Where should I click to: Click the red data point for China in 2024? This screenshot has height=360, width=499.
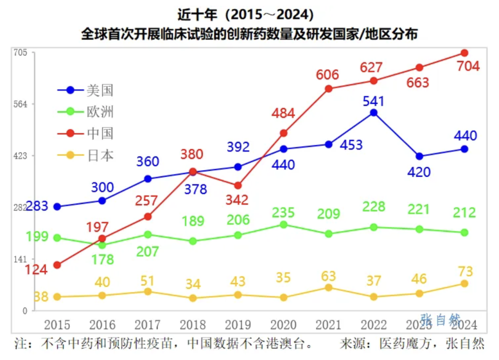coord(464,53)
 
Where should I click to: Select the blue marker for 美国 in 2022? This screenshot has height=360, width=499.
coord(373,113)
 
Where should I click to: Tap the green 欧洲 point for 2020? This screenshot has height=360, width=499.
coord(284,225)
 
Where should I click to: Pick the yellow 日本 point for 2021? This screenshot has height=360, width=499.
coord(329,287)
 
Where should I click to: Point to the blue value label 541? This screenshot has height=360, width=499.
coord(373,101)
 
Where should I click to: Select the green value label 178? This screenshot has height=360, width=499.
coord(102,260)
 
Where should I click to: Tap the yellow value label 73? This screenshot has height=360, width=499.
coord(464,272)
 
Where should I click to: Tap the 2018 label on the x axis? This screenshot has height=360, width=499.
coord(193,325)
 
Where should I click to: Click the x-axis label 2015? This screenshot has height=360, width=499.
coord(57,325)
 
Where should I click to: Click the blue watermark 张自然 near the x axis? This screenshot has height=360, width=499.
coord(440,319)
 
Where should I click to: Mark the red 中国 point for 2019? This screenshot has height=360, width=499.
coord(237,185)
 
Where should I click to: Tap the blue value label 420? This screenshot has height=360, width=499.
coord(419,172)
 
